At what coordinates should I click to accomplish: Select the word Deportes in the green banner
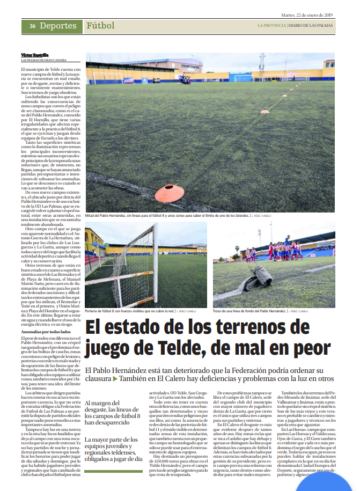click(x=58, y=26)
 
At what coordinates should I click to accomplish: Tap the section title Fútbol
click(x=100, y=26)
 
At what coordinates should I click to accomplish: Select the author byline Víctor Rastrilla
click(x=34, y=55)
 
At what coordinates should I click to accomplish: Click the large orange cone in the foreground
click(x=169, y=192)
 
